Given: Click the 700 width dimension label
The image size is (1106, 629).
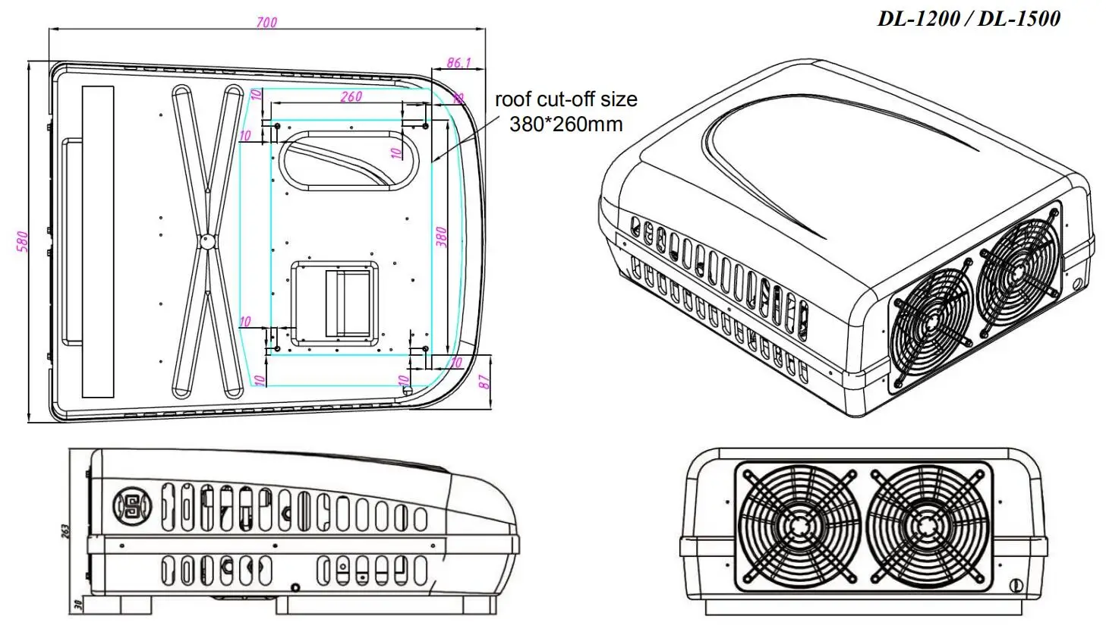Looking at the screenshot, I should pos(266,23).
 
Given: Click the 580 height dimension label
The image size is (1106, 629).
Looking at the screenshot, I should pos(22,241).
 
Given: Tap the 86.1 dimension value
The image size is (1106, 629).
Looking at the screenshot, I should pos(458,63).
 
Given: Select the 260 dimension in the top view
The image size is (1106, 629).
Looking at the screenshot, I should pos(351,97).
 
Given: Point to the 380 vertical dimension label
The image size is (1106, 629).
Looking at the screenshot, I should pos(442,237).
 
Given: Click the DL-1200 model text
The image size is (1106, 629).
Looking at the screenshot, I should pos(919,19).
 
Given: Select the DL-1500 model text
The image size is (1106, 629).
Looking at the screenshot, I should pos(1019,19).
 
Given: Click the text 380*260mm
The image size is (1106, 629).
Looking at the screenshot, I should pos(566,124).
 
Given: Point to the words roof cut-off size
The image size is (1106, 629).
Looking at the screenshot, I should pos(566,99).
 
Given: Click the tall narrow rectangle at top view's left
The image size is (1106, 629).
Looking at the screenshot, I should pos(97,241).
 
